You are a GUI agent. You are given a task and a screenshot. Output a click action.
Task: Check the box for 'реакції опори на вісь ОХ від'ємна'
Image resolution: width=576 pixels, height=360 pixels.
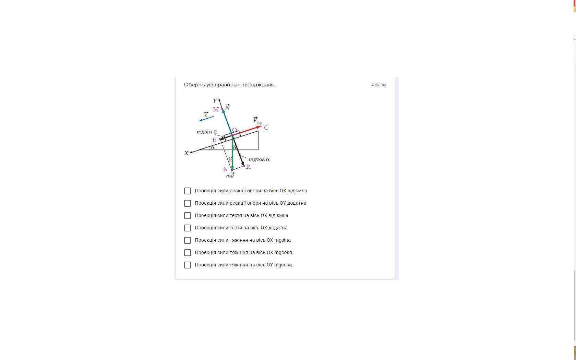click(188, 191)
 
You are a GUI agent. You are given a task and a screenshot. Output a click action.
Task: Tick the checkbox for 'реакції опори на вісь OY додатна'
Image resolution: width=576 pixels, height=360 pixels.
click(188, 203)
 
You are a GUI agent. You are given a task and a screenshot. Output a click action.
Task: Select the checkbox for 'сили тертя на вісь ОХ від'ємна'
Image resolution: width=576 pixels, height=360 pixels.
click(188, 215)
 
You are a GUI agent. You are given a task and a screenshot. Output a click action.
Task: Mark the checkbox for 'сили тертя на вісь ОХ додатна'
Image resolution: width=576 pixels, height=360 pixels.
click(188, 228)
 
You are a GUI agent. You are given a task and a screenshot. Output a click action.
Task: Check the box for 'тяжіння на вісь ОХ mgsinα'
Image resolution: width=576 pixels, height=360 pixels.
click(188, 240)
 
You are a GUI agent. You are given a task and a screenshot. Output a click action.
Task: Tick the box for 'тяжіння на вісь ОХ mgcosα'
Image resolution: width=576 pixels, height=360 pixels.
click(188, 252)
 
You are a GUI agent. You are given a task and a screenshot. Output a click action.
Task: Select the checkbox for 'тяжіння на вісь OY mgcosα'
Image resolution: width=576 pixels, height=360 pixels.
click(188, 265)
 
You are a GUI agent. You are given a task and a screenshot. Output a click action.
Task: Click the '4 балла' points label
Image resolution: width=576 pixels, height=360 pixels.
click(379, 85)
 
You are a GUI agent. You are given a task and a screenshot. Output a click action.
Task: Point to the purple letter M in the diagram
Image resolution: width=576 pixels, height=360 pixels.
click(216, 110)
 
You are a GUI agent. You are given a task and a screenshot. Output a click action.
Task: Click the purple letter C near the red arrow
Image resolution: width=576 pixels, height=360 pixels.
click(266, 128)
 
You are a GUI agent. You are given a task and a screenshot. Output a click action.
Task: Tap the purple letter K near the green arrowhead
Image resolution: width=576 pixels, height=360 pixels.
click(225, 169)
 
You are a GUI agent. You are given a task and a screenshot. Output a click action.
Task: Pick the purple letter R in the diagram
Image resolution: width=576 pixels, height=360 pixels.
click(248, 167)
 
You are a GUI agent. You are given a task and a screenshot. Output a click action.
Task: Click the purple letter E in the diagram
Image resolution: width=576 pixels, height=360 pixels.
click(214, 140)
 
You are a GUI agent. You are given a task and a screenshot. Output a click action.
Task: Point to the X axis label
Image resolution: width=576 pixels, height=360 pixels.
click(187, 153)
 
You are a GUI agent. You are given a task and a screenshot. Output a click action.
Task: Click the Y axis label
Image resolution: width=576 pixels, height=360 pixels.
click(215, 100)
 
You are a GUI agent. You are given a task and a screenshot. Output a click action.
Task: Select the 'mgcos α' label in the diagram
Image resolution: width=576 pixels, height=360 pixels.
click(259, 159)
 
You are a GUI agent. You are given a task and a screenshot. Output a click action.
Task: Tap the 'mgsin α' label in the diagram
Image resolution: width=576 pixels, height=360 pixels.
click(207, 132)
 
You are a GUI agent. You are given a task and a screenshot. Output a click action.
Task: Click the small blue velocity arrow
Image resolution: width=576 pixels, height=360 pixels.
click(206, 119)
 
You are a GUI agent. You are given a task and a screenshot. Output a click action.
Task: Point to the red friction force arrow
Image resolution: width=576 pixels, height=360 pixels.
click(247, 131)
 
